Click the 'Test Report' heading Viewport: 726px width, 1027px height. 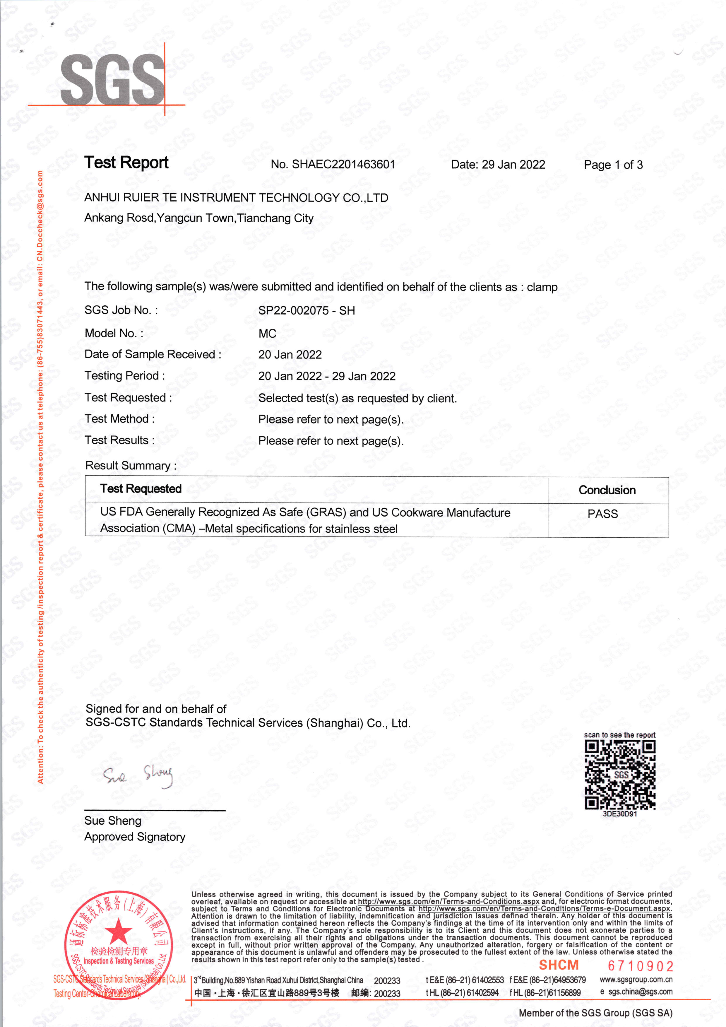pyautogui.click(x=126, y=162)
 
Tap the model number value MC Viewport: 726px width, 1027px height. pyautogui.click(x=267, y=334)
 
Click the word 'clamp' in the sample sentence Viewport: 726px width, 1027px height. pyautogui.click(x=542, y=287)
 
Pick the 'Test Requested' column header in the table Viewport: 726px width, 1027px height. pyautogui.click(x=141, y=489)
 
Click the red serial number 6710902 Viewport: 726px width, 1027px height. pyautogui.click(x=640, y=966)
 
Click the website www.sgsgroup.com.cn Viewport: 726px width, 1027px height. pyautogui.click(x=636, y=980)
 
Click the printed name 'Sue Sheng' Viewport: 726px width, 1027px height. pyautogui.click(x=113, y=821)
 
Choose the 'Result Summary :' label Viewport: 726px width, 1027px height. pyautogui.click(x=131, y=466)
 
